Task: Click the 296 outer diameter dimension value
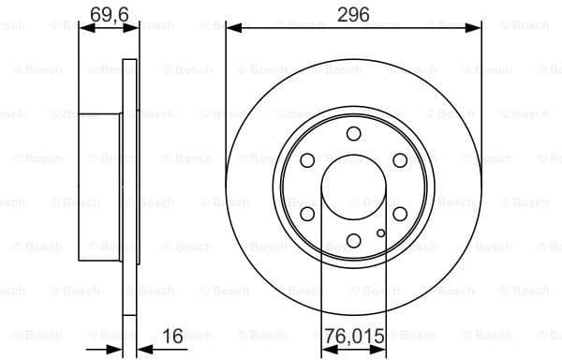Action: (353, 13)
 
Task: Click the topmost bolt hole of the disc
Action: (353, 133)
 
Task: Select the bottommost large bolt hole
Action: (353, 240)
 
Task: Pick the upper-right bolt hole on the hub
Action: (400, 159)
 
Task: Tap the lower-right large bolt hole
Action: (400, 214)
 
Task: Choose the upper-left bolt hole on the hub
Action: (307, 159)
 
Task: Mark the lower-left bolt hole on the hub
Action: (307, 214)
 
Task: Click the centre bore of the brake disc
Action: (353, 187)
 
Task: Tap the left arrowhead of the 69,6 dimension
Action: (84, 28)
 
